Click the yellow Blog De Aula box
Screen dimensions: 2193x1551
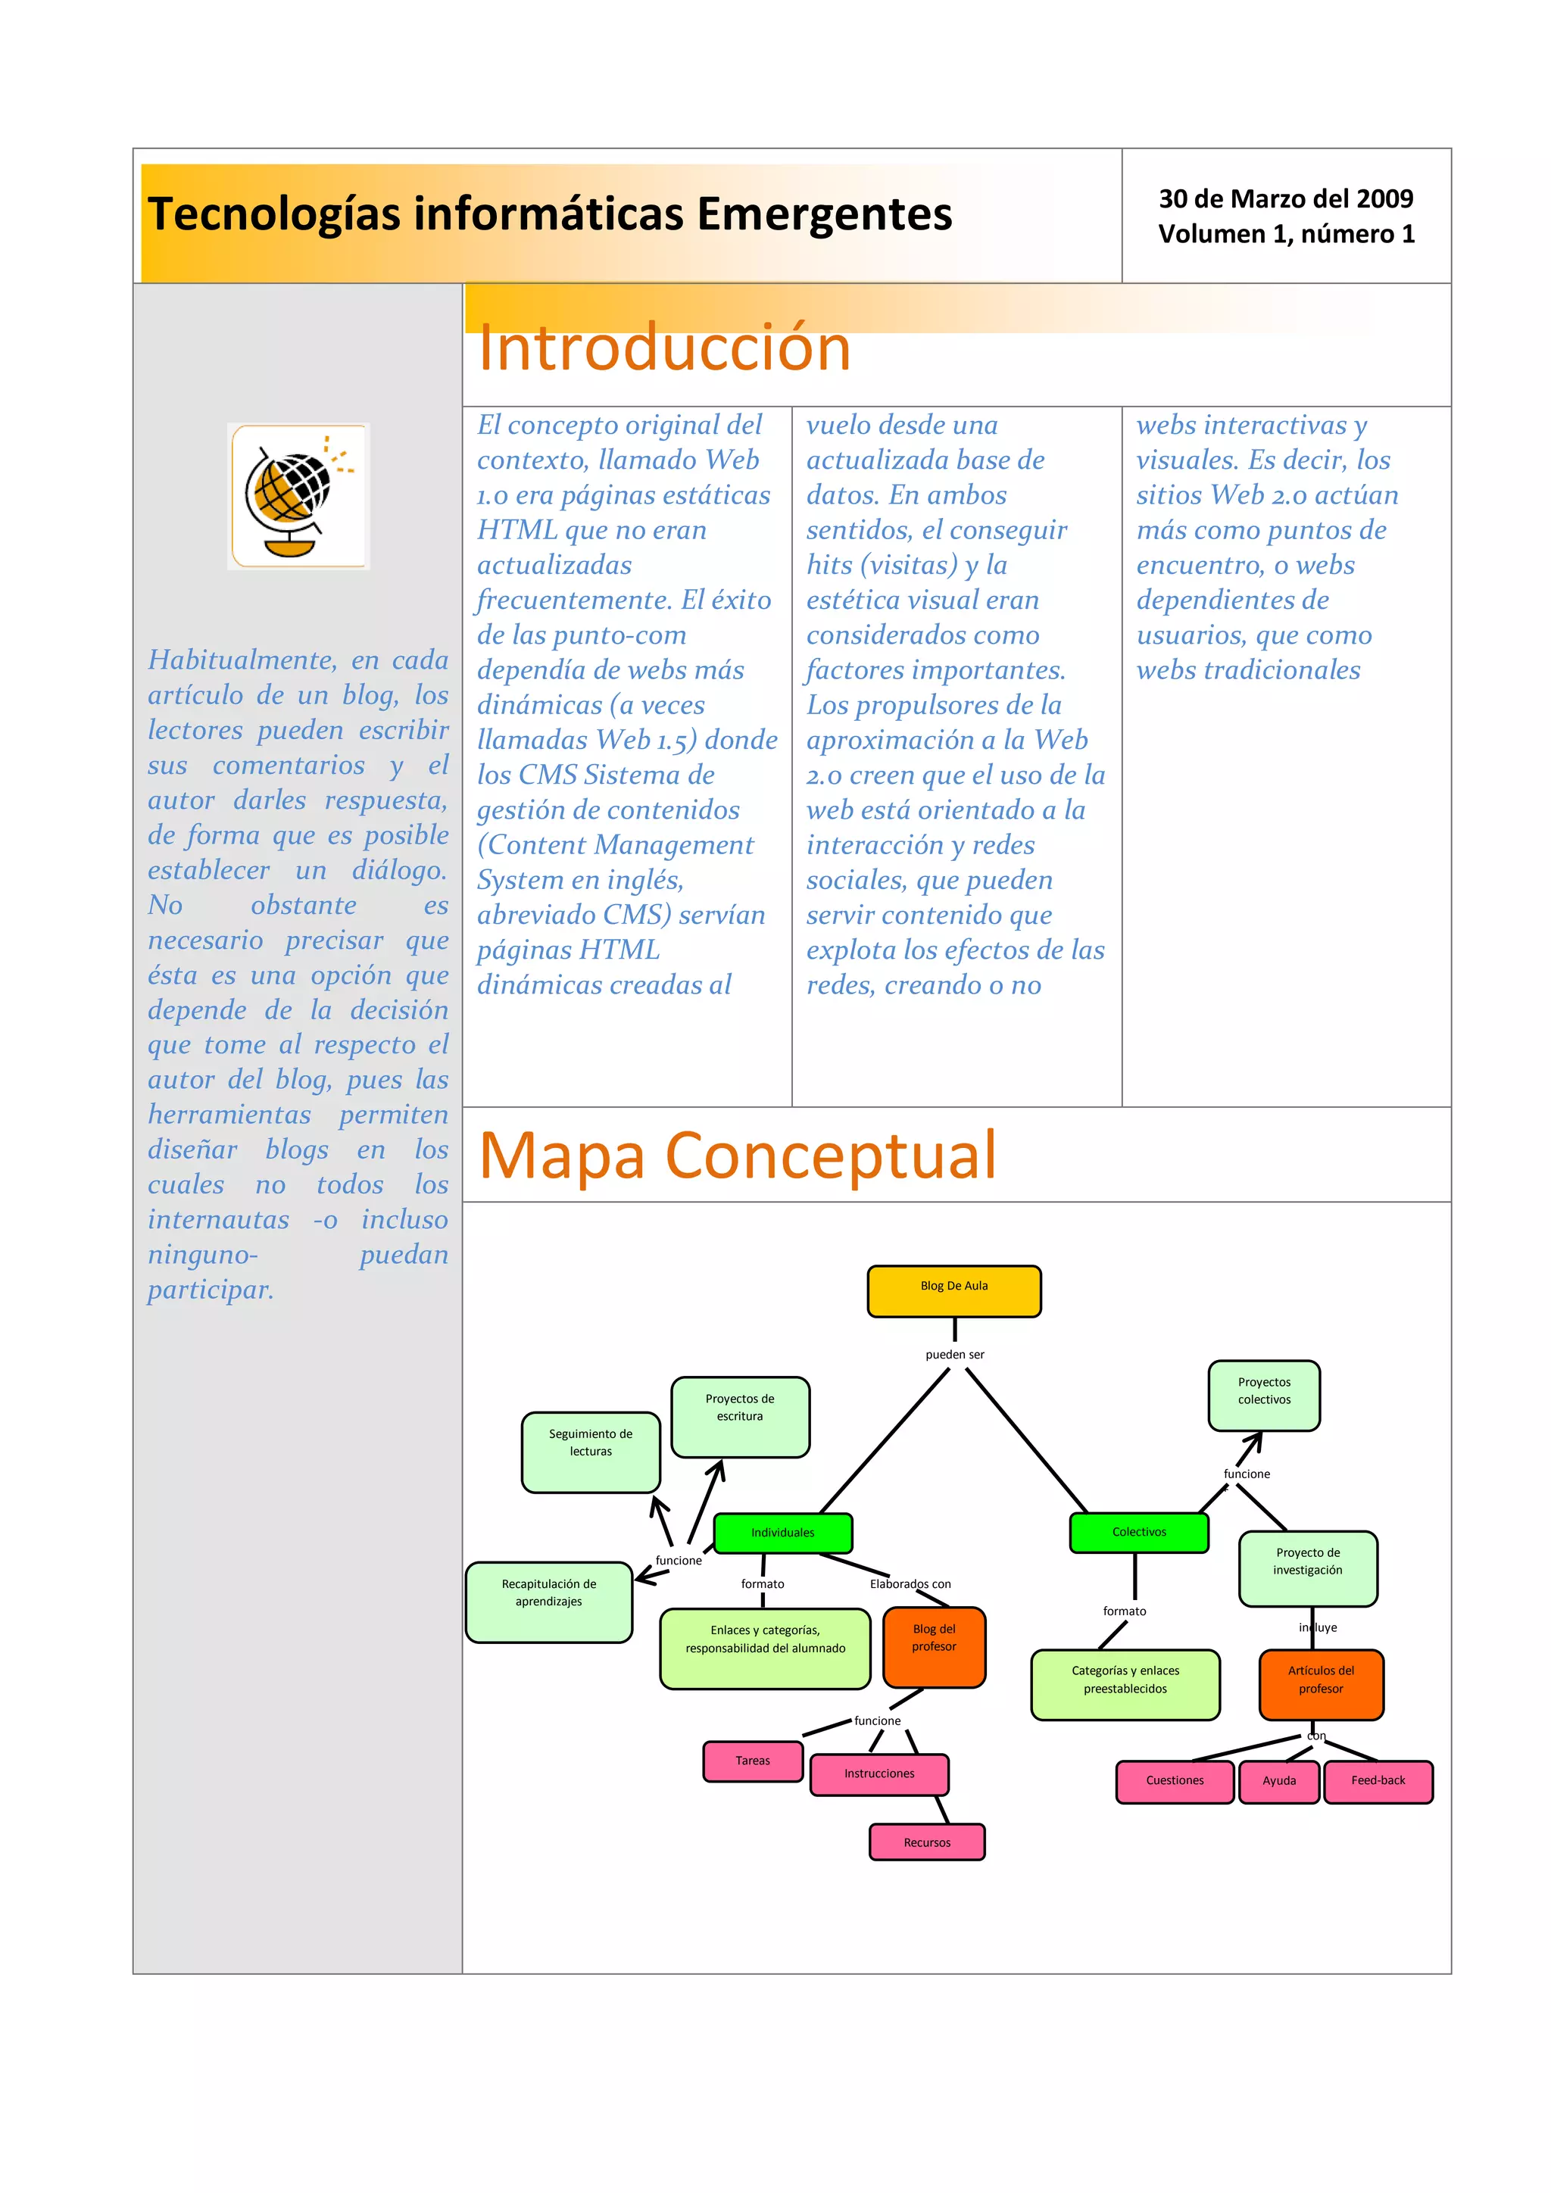(953, 1290)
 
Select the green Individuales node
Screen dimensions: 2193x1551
(782, 1532)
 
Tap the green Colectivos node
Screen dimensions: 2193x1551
(1138, 1532)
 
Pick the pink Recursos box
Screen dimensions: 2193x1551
(926, 1842)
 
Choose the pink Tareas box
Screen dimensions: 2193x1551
(753, 1761)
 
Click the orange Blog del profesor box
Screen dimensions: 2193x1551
(933, 1648)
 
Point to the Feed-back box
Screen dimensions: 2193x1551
(1377, 1781)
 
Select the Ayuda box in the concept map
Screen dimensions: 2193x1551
(1279, 1781)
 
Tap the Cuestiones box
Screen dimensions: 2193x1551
(1174, 1781)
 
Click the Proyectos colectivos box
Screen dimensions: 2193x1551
(1263, 1396)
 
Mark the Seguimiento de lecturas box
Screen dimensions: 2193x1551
(590, 1451)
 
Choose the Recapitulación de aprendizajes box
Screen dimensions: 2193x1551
(548, 1602)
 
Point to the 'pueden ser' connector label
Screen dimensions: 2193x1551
(954, 1355)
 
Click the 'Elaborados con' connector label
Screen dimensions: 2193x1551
(910, 1583)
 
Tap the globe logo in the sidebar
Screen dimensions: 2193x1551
(298, 497)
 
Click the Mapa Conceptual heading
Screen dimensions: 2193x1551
(738, 1156)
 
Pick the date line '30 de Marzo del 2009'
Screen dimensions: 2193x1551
(1285, 198)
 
